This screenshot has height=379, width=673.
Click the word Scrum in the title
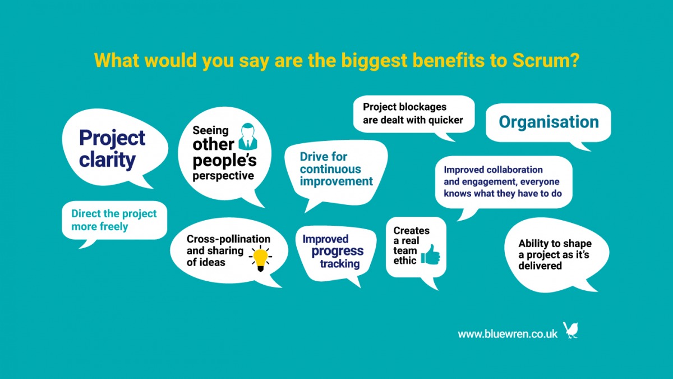click(546, 60)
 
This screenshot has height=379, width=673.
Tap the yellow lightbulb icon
click(260, 258)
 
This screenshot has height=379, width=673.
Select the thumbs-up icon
click(431, 254)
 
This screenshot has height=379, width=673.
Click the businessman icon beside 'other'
click(248, 136)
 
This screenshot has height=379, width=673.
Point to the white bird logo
click(570, 330)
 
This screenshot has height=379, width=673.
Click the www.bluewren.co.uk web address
click(508, 334)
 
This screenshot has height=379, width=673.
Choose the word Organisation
click(549, 122)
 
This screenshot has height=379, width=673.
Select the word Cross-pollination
click(228, 239)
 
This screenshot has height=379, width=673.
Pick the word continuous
click(330, 169)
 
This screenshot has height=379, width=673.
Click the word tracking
click(340, 264)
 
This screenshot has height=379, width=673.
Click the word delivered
click(540, 266)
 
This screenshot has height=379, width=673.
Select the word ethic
click(405, 260)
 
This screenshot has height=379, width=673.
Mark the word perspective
click(223, 176)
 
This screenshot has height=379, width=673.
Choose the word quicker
click(445, 120)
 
